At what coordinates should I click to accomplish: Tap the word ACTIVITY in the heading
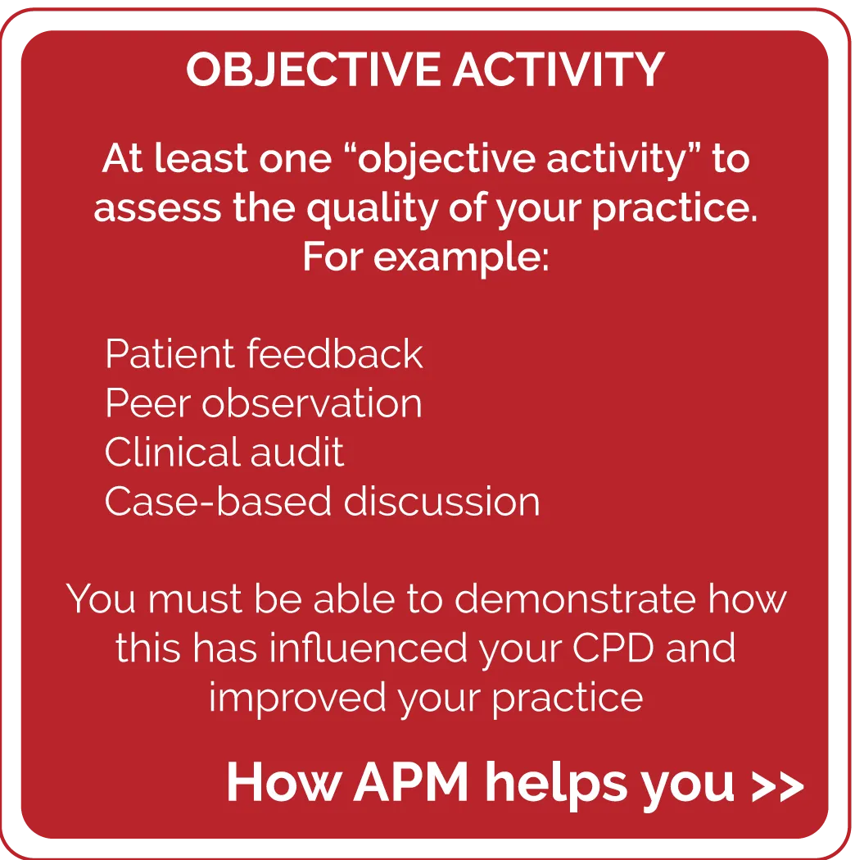559,70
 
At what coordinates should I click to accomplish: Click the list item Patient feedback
264,354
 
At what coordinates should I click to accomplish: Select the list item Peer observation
263,403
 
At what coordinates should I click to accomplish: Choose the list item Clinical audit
224,452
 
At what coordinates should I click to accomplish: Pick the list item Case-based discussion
322,501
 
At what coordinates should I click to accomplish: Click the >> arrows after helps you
777,786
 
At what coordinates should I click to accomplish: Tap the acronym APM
411,782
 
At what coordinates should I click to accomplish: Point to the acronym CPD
613,648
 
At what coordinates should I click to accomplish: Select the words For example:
426,257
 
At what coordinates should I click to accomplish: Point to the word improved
297,698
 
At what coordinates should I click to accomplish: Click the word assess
157,209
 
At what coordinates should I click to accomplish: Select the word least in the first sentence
201,158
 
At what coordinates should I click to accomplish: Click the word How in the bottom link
285,782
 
